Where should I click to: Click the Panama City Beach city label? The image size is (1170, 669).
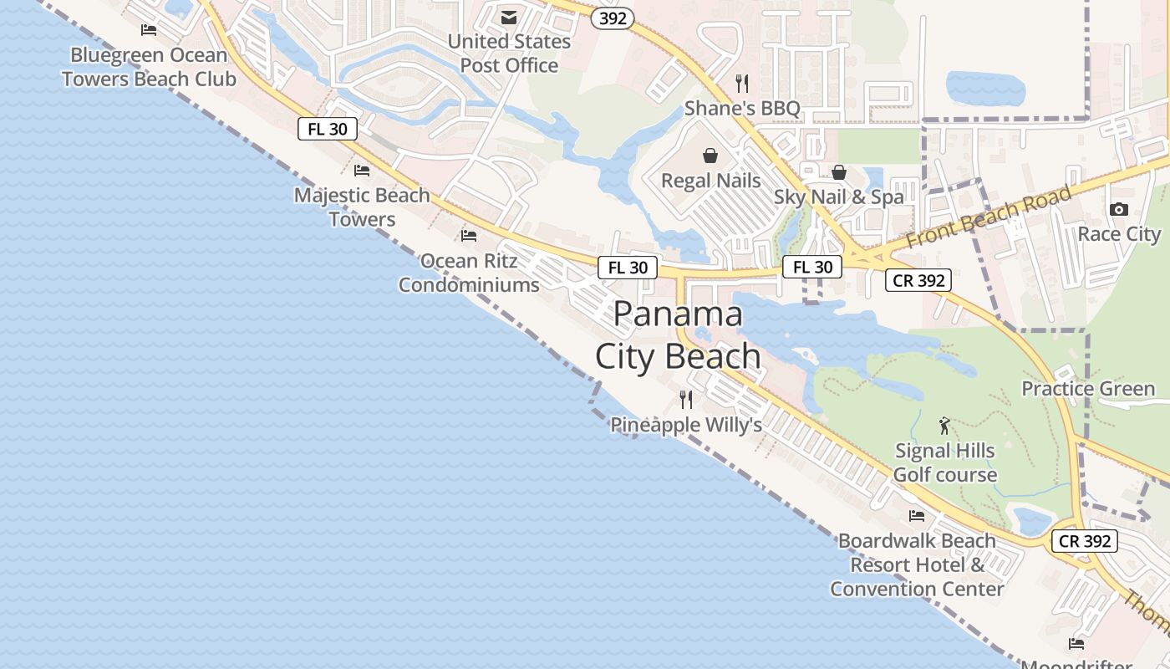click(678, 335)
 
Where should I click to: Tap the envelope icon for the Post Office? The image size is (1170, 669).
click(508, 18)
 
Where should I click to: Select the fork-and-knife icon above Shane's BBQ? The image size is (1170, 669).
click(741, 83)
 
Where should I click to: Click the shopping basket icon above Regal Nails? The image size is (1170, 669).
click(710, 156)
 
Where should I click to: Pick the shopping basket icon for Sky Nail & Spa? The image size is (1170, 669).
click(839, 172)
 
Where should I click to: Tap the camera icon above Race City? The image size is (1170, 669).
click(1118, 209)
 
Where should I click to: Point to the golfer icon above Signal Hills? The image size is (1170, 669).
click(944, 426)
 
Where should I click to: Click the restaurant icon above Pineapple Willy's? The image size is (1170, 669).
click(686, 400)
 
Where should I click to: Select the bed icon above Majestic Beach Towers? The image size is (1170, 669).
click(362, 171)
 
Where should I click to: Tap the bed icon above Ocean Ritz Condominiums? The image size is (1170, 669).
click(469, 236)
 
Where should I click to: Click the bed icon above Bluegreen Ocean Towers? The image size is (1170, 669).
click(149, 30)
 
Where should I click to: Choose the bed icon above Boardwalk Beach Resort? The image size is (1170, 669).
click(917, 516)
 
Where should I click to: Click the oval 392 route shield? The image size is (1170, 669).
click(613, 18)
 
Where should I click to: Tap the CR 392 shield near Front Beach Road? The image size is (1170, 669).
click(918, 281)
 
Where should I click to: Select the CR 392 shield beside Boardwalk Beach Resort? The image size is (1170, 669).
click(1085, 541)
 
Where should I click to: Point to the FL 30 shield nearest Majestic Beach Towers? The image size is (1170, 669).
click(328, 129)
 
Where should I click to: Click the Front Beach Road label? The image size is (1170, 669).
click(988, 217)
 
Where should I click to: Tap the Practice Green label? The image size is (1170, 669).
click(1088, 389)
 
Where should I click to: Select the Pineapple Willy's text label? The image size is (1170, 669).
click(686, 425)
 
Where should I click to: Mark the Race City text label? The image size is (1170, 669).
click(1119, 233)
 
